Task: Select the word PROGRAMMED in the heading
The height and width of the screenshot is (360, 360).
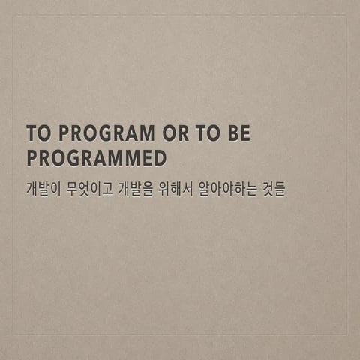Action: pyautogui.click(x=96, y=158)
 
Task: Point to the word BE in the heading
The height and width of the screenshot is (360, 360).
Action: pyautogui.click(x=239, y=134)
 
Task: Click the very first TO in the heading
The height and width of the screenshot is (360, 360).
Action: pyautogui.click(x=37, y=134)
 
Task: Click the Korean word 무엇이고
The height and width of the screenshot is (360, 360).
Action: pyautogui.click(x=90, y=188)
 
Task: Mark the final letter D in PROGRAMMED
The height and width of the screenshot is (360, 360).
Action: pyautogui.click(x=159, y=158)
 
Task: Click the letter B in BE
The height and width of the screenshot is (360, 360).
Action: pyautogui.click(x=232, y=134)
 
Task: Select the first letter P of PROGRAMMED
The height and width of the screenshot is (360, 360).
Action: pyautogui.click(x=32, y=158)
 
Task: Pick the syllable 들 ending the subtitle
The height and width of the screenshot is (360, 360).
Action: pyautogui.click(x=281, y=188)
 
